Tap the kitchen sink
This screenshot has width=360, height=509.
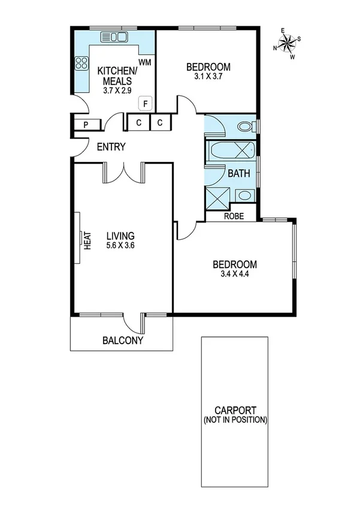(114, 37)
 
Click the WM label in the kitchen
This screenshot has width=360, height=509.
(144, 62)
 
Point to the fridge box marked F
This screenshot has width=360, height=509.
(144, 103)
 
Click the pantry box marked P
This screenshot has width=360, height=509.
(86, 124)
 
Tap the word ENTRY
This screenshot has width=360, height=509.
(111, 147)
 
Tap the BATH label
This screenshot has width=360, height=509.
(238, 174)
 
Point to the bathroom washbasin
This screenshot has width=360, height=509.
(244, 195)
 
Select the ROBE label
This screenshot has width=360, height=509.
(234, 216)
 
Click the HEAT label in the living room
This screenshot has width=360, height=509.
(86, 240)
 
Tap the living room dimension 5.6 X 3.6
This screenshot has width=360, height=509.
(120, 245)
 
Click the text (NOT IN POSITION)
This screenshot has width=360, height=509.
(234, 420)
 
